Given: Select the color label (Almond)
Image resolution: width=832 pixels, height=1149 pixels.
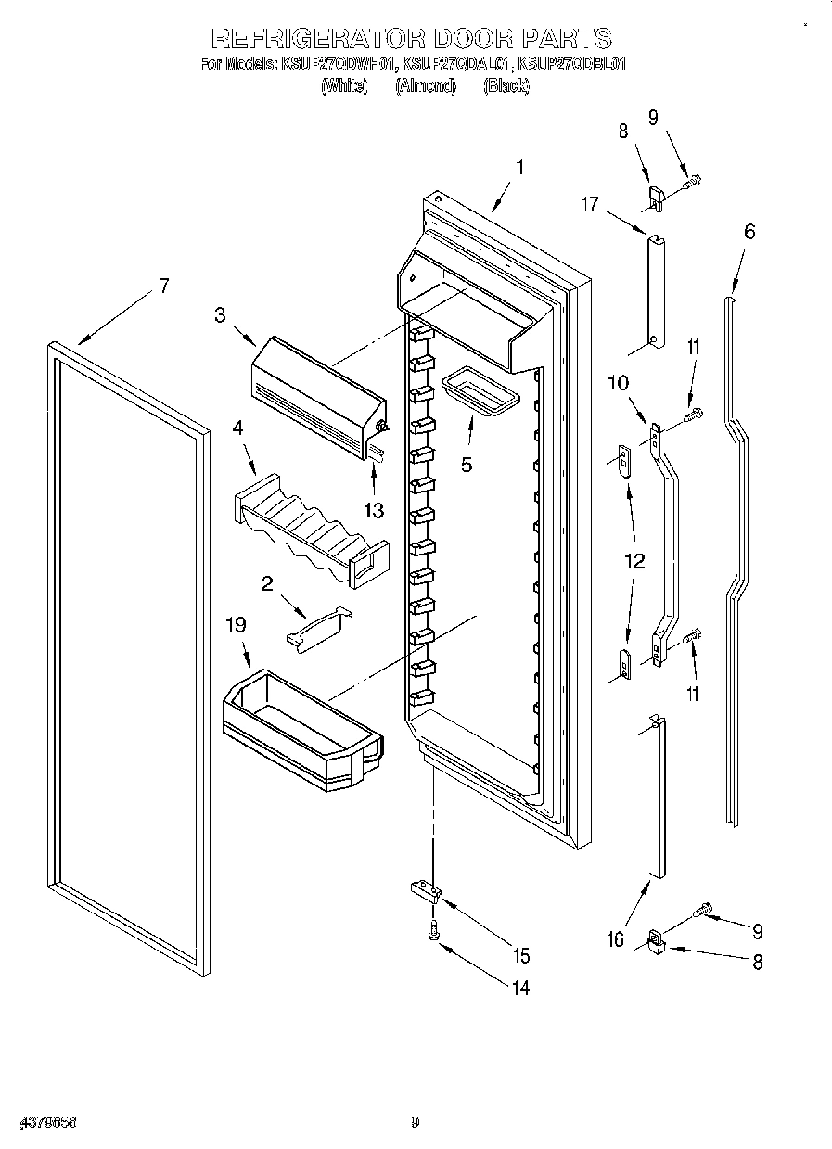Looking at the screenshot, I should [x=426, y=86].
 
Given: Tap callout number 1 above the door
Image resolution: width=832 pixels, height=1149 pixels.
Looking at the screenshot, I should [x=520, y=168].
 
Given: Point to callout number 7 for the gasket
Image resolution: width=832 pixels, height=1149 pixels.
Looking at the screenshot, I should [x=164, y=286].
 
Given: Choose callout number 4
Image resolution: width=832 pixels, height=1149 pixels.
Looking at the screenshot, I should [x=238, y=428].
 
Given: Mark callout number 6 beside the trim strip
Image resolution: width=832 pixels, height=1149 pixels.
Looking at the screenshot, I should [x=749, y=231].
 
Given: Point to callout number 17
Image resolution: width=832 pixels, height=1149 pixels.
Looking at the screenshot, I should [x=590, y=205].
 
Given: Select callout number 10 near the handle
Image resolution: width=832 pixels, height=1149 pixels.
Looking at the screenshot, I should [x=618, y=382].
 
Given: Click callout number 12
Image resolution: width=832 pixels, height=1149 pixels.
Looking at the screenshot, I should [x=634, y=561].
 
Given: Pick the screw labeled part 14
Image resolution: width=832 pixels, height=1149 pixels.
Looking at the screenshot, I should [x=433, y=937].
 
